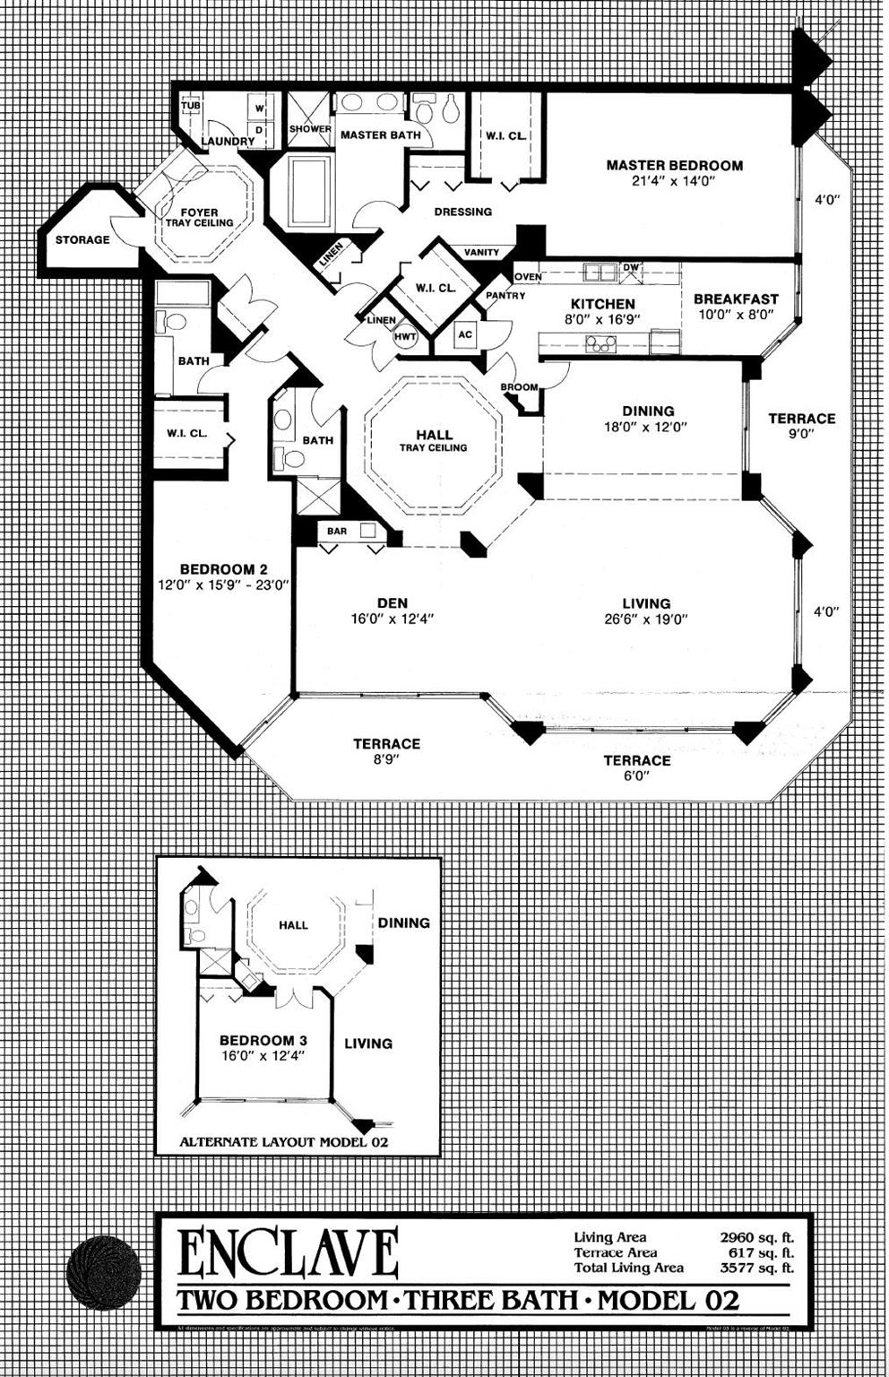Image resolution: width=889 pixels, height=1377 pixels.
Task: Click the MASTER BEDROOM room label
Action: [x=674, y=165]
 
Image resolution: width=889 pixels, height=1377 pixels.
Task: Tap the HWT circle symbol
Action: [x=404, y=336]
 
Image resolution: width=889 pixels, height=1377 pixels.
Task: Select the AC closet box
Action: [x=464, y=335]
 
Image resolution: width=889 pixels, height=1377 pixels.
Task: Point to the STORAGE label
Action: [x=82, y=240]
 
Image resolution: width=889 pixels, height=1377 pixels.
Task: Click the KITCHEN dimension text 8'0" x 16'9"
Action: [x=602, y=319]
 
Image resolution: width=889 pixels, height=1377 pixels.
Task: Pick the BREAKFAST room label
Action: [x=736, y=299]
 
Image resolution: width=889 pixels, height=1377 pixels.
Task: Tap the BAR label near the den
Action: [x=337, y=532]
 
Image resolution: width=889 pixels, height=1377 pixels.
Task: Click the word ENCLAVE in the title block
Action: [x=288, y=1252]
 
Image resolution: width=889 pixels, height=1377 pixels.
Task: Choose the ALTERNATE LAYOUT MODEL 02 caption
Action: [x=283, y=1142]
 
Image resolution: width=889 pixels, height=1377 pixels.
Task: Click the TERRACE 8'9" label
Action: [x=386, y=744]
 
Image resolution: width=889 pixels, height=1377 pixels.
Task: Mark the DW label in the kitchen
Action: [x=631, y=267]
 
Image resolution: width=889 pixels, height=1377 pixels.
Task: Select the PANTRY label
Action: [x=505, y=296]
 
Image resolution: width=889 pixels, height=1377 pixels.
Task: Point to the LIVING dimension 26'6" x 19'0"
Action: [x=646, y=619]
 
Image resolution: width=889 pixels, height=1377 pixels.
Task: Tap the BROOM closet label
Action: [x=519, y=388]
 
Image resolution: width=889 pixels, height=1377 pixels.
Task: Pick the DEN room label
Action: [x=393, y=603]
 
